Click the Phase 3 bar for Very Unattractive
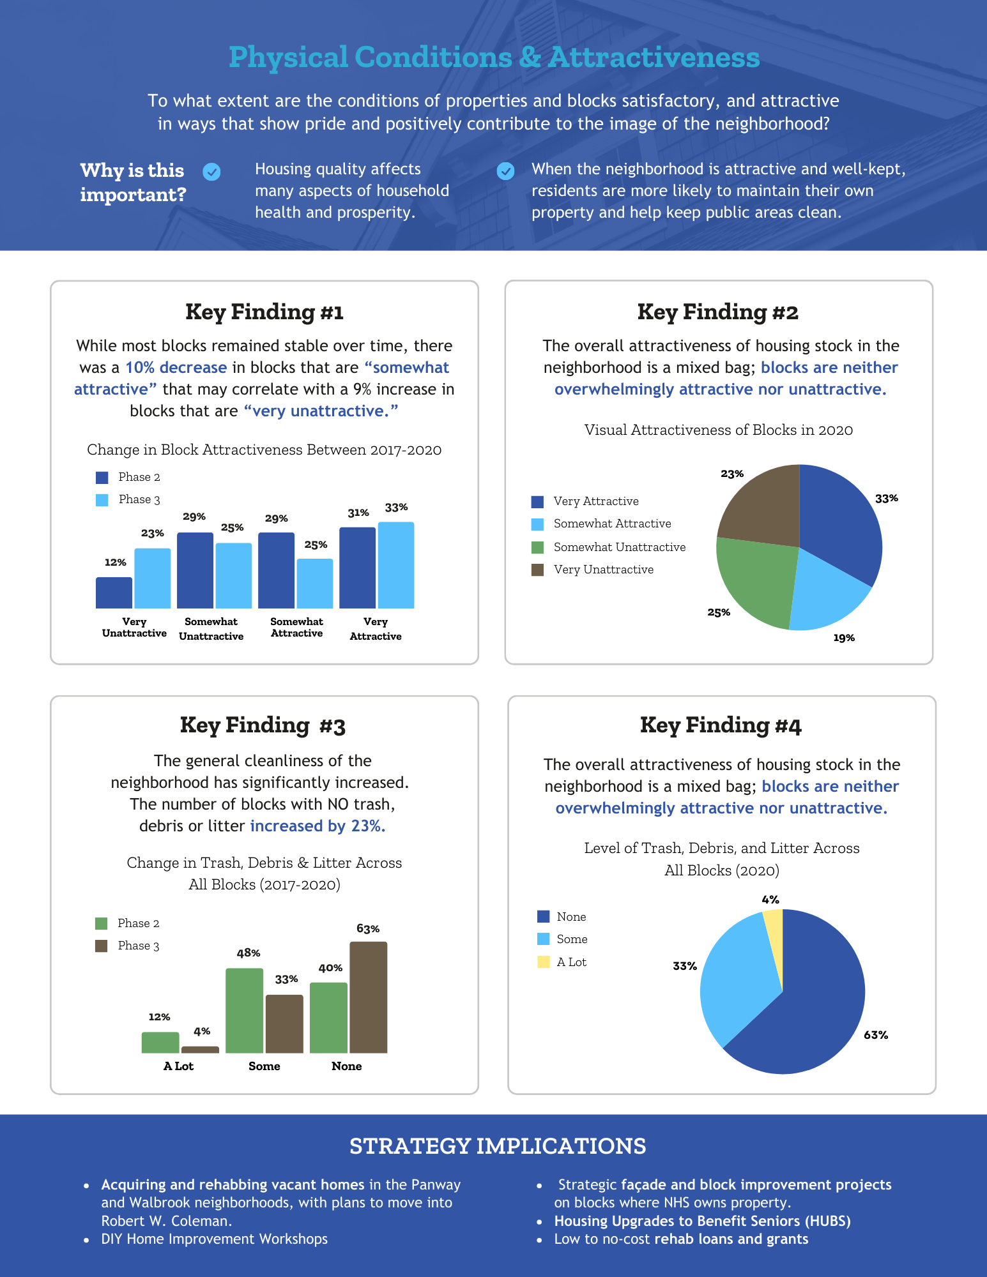[x=152, y=578]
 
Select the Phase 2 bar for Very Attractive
[x=357, y=568]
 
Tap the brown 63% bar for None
[x=368, y=997]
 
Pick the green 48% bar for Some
[x=244, y=1010]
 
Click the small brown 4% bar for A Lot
[x=200, y=1049]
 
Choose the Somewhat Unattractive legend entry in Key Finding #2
[x=608, y=547]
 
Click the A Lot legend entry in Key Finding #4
[x=562, y=962]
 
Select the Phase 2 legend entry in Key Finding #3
[x=127, y=923]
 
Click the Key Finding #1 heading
[x=264, y=312]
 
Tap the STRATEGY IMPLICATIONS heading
[x=498, y=1146]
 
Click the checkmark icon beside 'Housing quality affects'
[x=211, y=171]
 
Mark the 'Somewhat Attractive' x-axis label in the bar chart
[x=296, y=627]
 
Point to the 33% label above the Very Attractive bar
[x=396, y=508]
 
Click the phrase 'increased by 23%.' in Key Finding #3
[x=318, y=826]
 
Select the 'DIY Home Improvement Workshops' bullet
[x=214, y=1239]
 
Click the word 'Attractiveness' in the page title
[x=654, y=57]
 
